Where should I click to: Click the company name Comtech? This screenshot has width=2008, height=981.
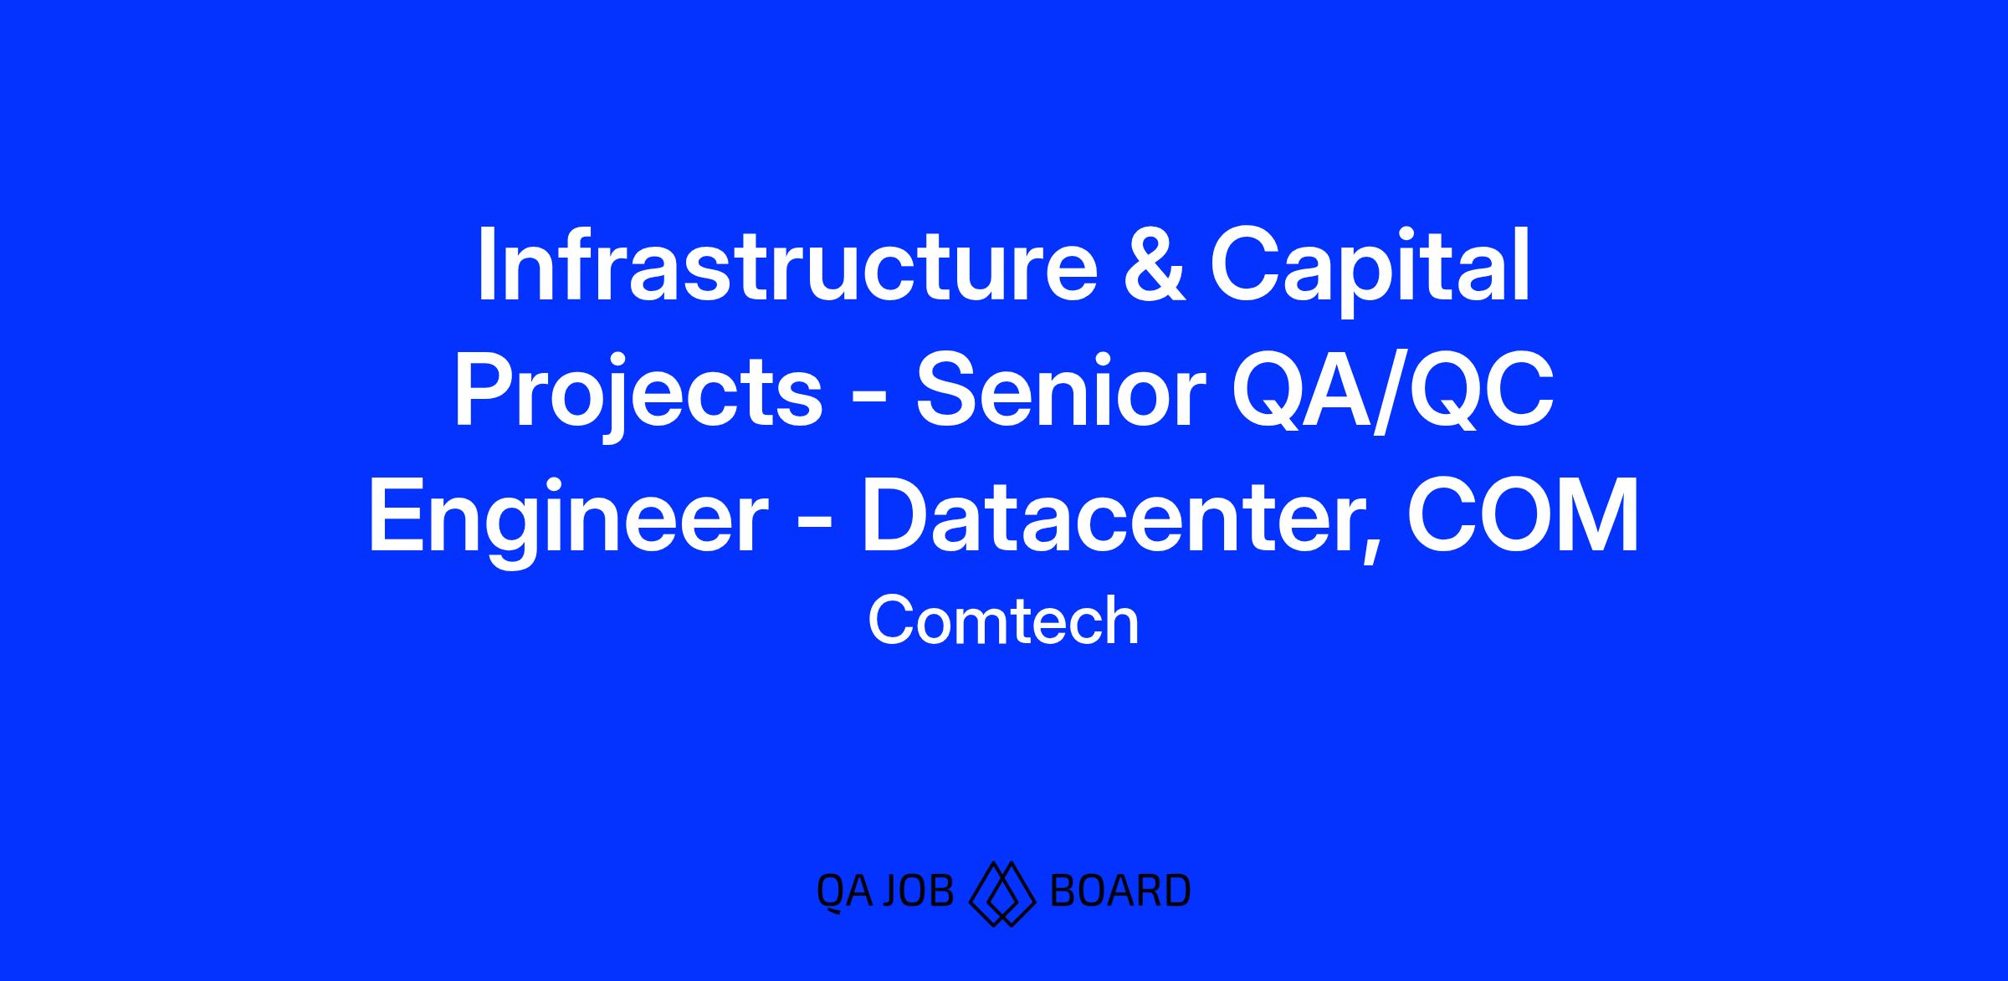click(1004, 621)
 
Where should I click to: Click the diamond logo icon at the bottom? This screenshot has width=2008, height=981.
click(1002, 892)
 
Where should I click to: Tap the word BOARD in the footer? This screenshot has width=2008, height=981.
click(1119, 892)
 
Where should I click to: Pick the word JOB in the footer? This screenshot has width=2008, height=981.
click(919, 892)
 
